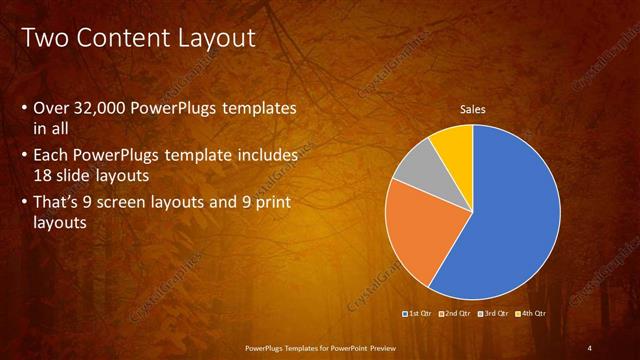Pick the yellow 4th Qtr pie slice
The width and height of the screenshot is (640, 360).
tap(453, 146)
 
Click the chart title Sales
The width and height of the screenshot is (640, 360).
tap(472, 109)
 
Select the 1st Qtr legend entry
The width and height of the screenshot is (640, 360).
tap(418, 313)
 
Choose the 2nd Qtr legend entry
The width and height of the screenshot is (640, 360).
tap(456, 313)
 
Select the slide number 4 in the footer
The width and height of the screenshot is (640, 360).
tap(590, 347)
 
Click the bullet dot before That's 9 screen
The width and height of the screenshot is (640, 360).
tap(24, 205)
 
